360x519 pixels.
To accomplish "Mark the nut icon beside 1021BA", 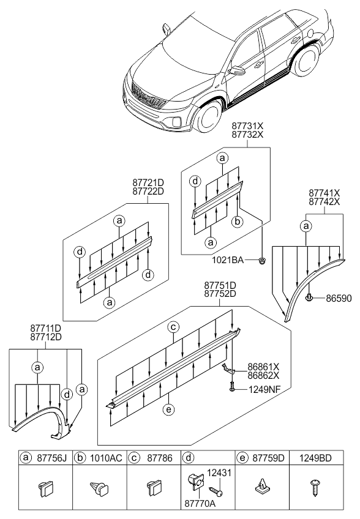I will [261, 261].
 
